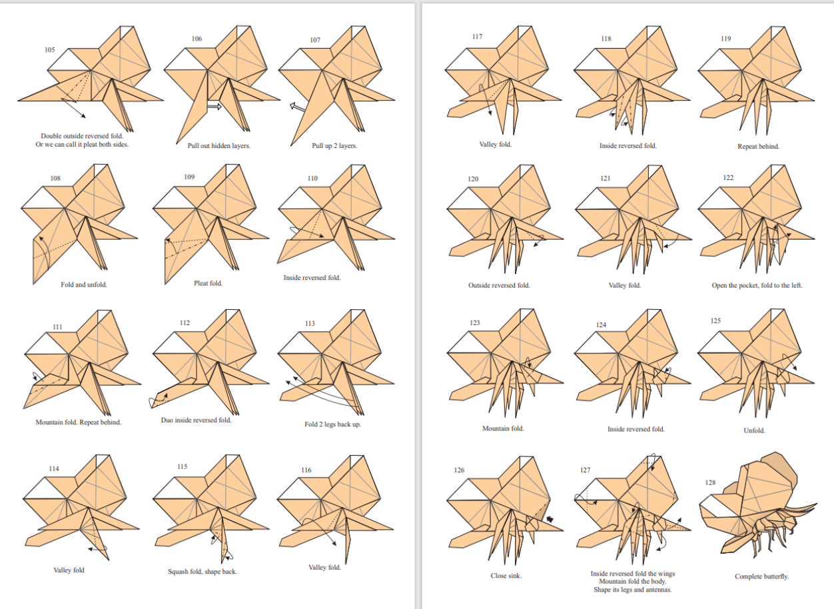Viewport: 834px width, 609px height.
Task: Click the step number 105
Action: (49, 50)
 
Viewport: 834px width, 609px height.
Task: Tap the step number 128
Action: (710, 482)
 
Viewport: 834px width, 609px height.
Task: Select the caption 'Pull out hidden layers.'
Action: (219, 146)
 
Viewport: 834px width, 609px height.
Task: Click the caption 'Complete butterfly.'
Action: (761, 576)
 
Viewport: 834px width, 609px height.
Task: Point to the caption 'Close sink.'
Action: (506, 576)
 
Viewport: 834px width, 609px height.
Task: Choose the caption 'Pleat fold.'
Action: (208, 283)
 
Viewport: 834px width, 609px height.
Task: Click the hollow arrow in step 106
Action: (214, 107)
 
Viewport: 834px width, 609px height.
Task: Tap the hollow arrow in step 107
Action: (298, 107)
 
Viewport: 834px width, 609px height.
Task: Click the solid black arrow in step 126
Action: (550, 519)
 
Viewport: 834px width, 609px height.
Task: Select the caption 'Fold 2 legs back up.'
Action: (332, 424)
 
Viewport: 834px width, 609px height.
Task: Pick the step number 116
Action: (306, 470)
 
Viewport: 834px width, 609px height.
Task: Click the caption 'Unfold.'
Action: (754, 430)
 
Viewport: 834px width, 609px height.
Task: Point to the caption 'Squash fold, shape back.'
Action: (202, 572)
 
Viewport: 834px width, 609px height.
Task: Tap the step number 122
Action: (728, 178)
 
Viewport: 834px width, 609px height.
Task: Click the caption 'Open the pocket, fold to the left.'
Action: (757, 286)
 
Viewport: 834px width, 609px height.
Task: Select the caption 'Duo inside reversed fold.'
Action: (196, 420)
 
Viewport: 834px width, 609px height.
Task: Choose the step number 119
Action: (725, 39)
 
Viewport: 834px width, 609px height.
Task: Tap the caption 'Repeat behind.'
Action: (759, 147)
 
